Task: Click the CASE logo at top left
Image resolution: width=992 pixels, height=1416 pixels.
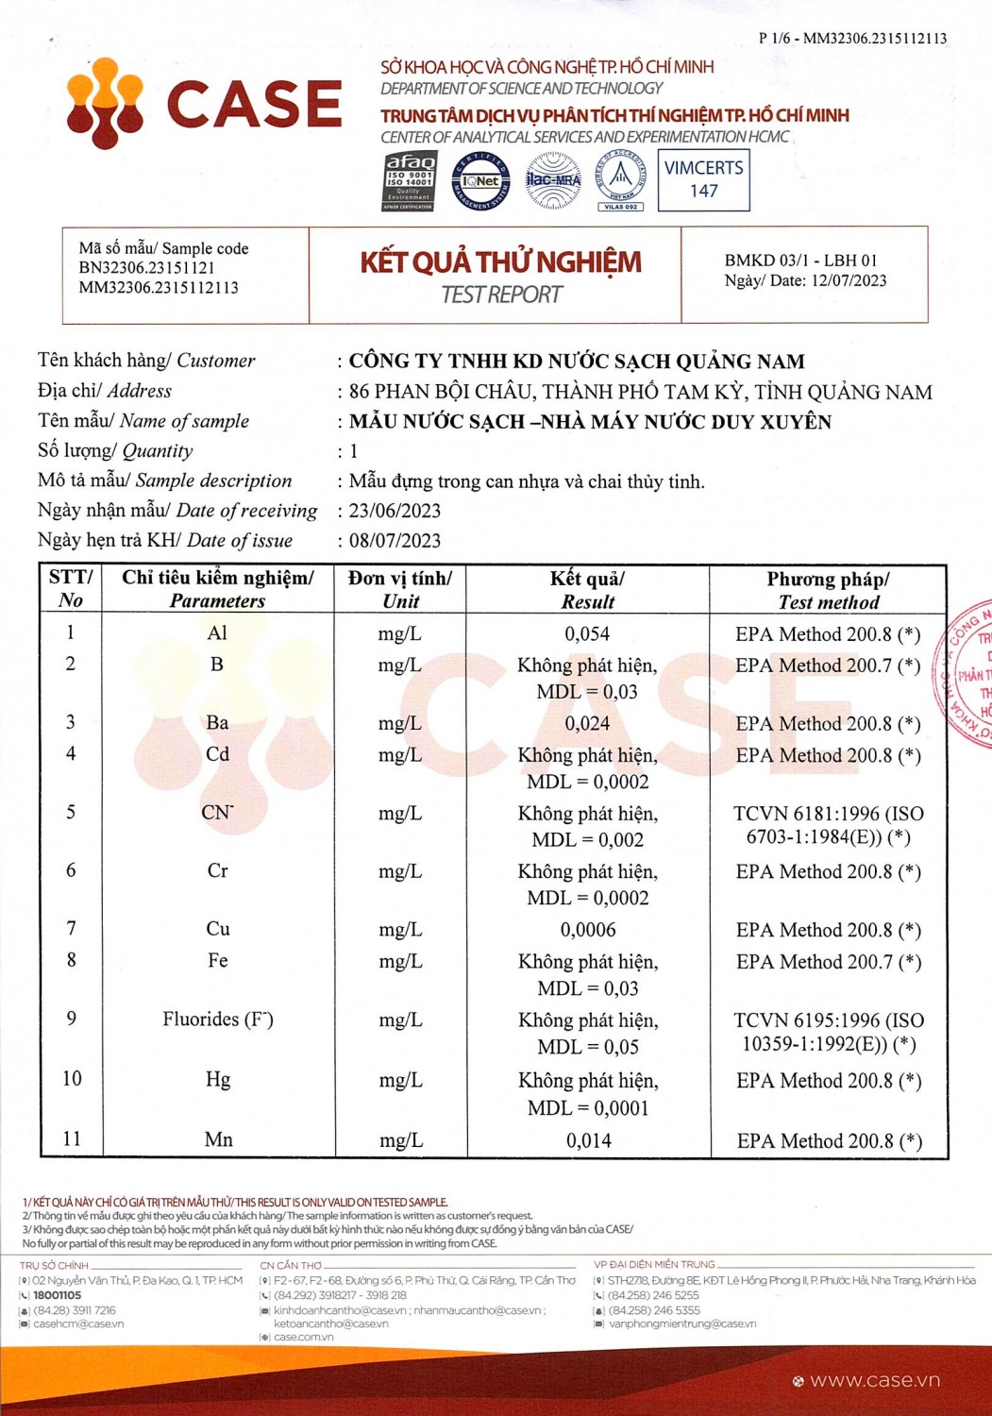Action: coord(204,103)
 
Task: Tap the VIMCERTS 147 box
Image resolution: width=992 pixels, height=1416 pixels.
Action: coord(703,179)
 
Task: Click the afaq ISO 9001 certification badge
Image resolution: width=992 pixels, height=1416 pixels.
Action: coord(409,180)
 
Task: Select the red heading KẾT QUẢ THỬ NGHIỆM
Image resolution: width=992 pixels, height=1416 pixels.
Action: coord(500,262)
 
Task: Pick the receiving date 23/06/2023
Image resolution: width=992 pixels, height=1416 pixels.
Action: coord(395,511)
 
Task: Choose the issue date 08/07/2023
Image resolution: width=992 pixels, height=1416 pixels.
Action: coord(395,541)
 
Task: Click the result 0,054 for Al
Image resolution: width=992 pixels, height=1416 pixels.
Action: coord(587,634)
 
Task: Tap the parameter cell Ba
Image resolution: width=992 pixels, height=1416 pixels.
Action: coord(217,723)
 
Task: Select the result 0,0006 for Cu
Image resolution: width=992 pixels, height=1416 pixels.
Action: coord(587,930)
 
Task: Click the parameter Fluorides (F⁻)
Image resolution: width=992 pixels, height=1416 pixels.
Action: coord(218,1020)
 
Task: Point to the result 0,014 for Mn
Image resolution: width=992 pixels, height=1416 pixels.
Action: coord(588,1141)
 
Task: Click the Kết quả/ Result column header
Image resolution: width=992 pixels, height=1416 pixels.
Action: coord(587,590)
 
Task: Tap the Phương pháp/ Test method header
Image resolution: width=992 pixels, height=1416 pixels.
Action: coord(828,590)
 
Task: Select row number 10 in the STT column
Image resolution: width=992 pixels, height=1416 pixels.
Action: coord(72,1079)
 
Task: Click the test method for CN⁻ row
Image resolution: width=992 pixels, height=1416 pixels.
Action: coord(828,825)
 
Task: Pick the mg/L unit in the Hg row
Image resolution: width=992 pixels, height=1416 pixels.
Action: coord(400,1081)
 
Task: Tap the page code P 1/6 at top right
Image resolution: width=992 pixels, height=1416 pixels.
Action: coord(851,39)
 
